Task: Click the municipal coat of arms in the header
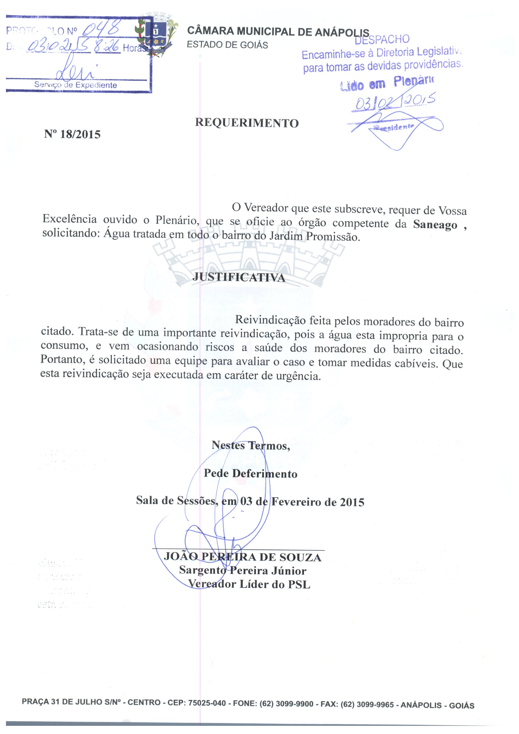coord(156,36)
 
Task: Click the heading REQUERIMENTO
coord(247,123)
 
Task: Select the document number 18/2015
coord(80,134)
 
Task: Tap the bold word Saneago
coord(435,225)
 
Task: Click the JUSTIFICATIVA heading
coord(239,278)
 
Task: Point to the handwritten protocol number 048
coord(102,30)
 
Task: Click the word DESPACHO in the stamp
coord(382,39)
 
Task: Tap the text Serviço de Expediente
coord(75,85)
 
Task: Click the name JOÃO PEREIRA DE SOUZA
coord(242,557)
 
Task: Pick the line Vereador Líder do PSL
coord(249,584)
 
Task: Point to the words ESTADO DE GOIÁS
coord(227,45)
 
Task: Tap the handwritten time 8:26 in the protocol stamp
coord(107,47)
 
